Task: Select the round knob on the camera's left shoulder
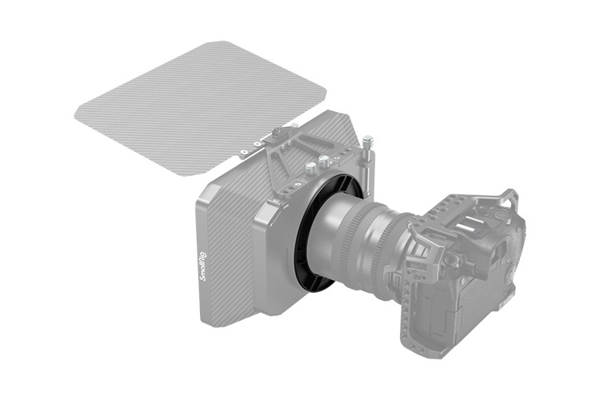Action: click(453, 260)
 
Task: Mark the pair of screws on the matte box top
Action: click(317, 165)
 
